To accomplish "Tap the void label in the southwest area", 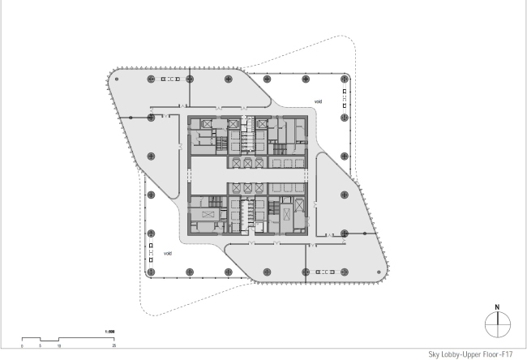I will pos(167,253).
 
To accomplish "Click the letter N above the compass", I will pos(496,306).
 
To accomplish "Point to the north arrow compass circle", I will pos(496,324).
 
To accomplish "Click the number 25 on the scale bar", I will pos(115,345).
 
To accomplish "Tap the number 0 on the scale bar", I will pos(22,345).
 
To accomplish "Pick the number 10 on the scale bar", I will pos(59,345).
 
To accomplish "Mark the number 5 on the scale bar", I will pos(40,345).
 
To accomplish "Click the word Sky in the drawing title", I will pos(435,354).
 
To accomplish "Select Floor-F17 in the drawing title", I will pos(496,354).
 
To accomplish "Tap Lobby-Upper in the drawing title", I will pos(463,354).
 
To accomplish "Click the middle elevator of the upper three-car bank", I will pos(247,163).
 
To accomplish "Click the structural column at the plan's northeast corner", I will pos(344,79).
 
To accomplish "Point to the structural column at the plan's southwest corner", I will pos(151,270).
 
